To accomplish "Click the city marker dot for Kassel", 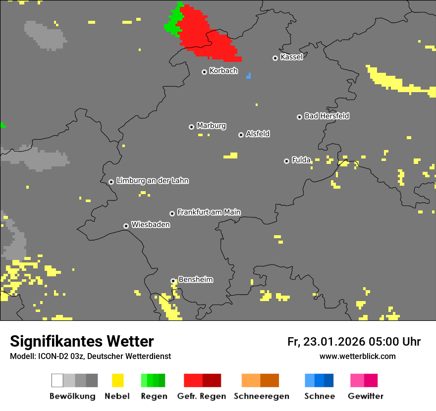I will point(275,58).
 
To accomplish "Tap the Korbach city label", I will point(223,71).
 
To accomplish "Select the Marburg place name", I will point(211,126).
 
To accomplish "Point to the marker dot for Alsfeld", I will point(241,135).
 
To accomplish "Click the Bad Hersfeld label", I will point(327,116).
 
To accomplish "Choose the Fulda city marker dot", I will point(286,161).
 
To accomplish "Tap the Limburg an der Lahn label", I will point(152,181).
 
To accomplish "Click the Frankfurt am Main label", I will point(209,212).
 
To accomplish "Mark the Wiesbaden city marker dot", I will point(126,226).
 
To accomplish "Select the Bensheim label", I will point(195,279).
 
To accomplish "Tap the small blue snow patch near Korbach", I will point(249,76).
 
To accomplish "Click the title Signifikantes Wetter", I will point(82,341).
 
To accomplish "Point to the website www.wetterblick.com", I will point(357,356).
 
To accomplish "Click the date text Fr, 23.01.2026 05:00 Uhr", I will point(354,342).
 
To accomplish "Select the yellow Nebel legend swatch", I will point(117,380).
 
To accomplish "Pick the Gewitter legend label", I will point(365,396).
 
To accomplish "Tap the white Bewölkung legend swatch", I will point(57,380).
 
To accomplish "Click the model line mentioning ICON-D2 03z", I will point(90,356).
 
